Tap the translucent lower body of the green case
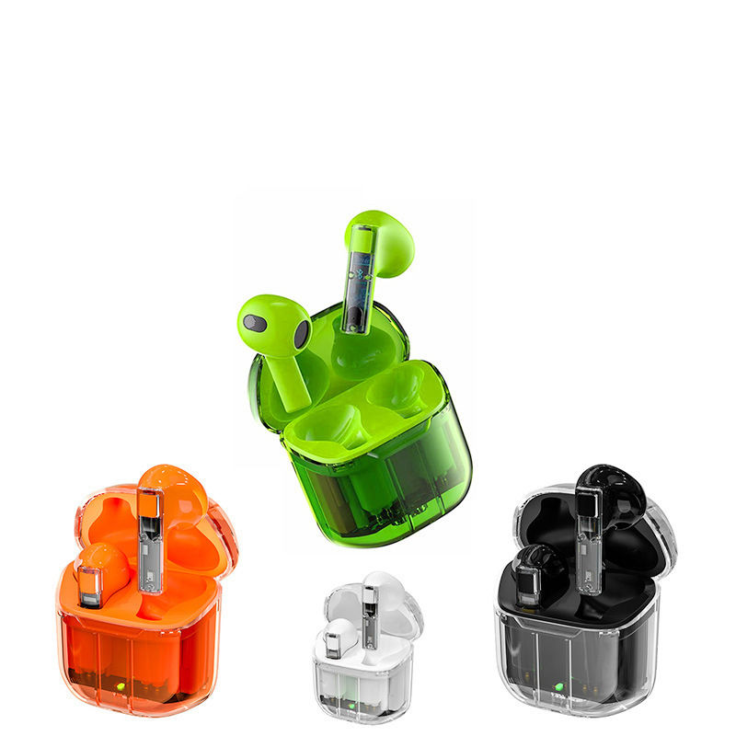tap(386, 488)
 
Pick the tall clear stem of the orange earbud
tap(150, 538)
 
